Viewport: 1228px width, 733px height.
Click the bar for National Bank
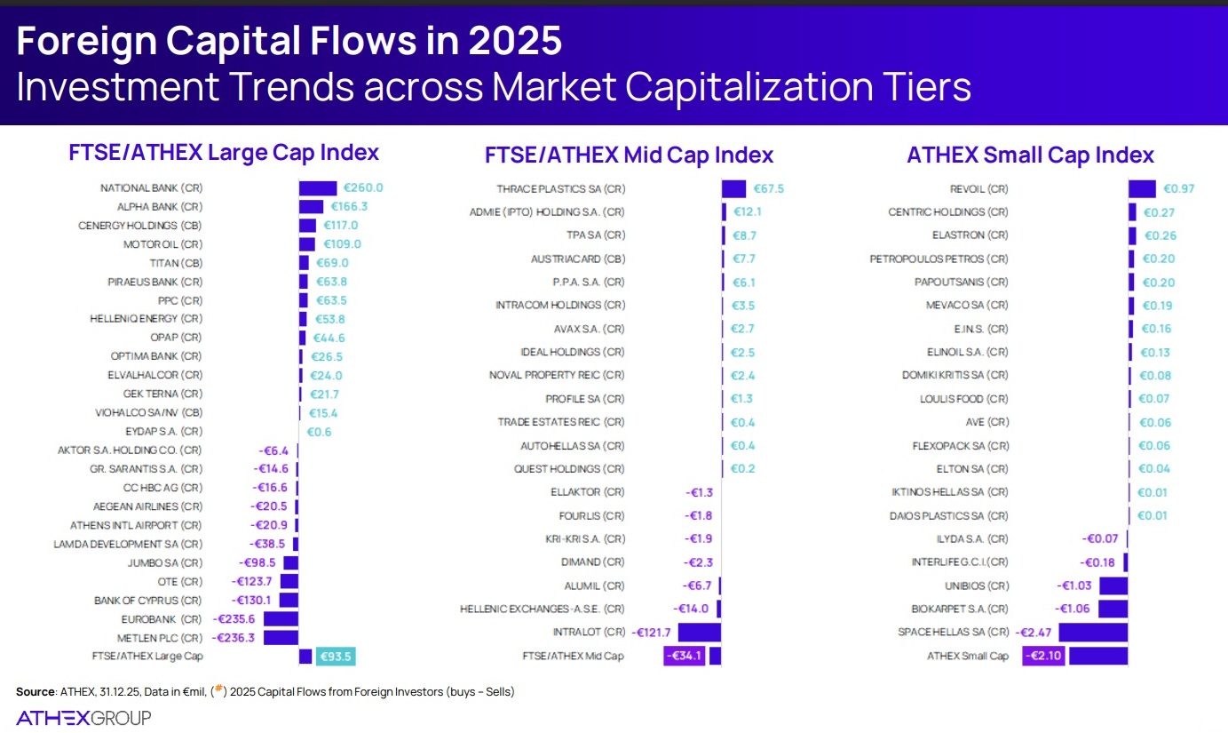point(318,188)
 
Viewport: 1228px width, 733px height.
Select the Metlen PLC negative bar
point(281,638)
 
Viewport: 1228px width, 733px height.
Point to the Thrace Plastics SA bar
point(733,188)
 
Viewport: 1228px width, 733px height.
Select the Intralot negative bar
point(699,632)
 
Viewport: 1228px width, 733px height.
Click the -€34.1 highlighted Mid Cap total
point(685,657)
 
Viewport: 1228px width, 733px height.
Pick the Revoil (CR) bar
point(1142,188)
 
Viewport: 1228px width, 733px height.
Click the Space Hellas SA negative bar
point(1093,632)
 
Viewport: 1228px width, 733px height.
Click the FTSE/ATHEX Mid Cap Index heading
point(629,155)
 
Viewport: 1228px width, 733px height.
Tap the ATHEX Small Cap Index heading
point(1030,155)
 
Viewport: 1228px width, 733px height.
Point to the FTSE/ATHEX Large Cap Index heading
point(224,153)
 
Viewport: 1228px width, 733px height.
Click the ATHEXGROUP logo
point(83,718)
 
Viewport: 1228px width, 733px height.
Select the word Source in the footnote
point(36,692)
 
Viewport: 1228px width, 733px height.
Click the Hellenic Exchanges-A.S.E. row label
point(542,609)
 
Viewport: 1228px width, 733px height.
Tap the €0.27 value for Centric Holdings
point(1159,212)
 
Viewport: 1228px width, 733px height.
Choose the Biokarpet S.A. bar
point(1113,609)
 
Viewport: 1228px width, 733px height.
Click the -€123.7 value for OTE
point(252,581)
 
